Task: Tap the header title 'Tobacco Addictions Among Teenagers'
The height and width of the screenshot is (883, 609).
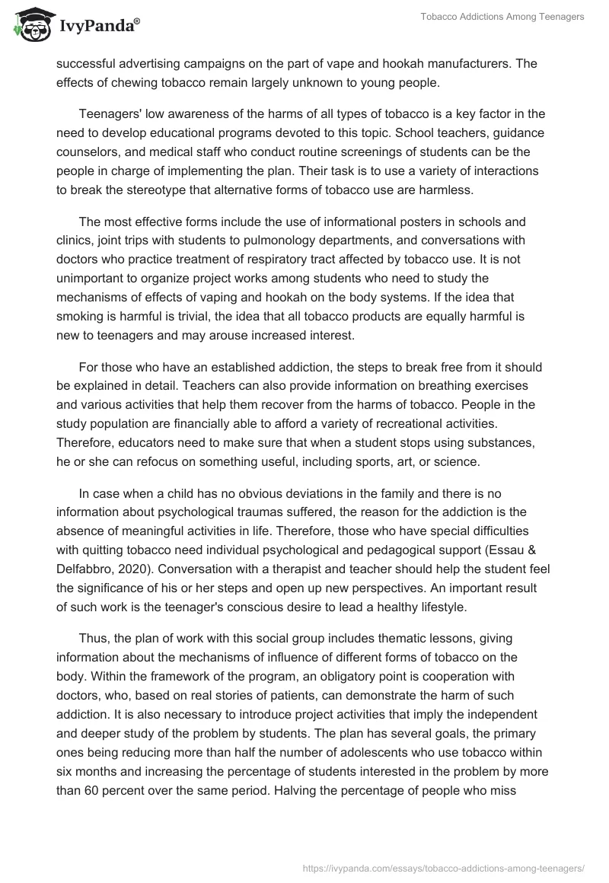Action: point(502,17)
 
